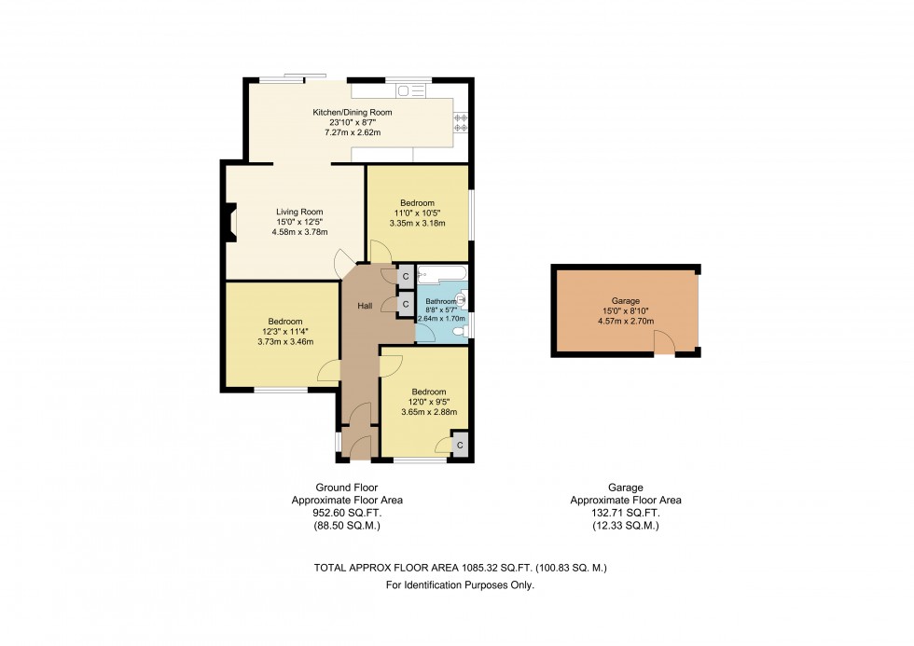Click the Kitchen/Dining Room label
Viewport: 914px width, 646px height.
[x=352, y=113]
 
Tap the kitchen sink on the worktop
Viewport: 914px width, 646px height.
[x=408, y=90]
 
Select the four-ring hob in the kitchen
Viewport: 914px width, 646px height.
[x=459, y=119]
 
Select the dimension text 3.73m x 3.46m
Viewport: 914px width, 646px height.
[x=284, y=342]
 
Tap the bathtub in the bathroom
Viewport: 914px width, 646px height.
[x=441, y=275]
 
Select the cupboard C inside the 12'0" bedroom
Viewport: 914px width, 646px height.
[x=459, y=445]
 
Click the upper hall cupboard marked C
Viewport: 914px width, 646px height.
[x=406, y=277]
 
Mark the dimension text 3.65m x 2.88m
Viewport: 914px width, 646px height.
[x=428, y=411]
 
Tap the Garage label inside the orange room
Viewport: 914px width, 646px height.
[x=625, y=301]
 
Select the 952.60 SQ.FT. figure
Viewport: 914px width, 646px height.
[x=346, y=513]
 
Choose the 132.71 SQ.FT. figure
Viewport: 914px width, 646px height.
[x=625, y=513]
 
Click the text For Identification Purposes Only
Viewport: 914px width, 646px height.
[x=460, y=585]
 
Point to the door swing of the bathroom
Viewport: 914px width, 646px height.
[x=424, y=338]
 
